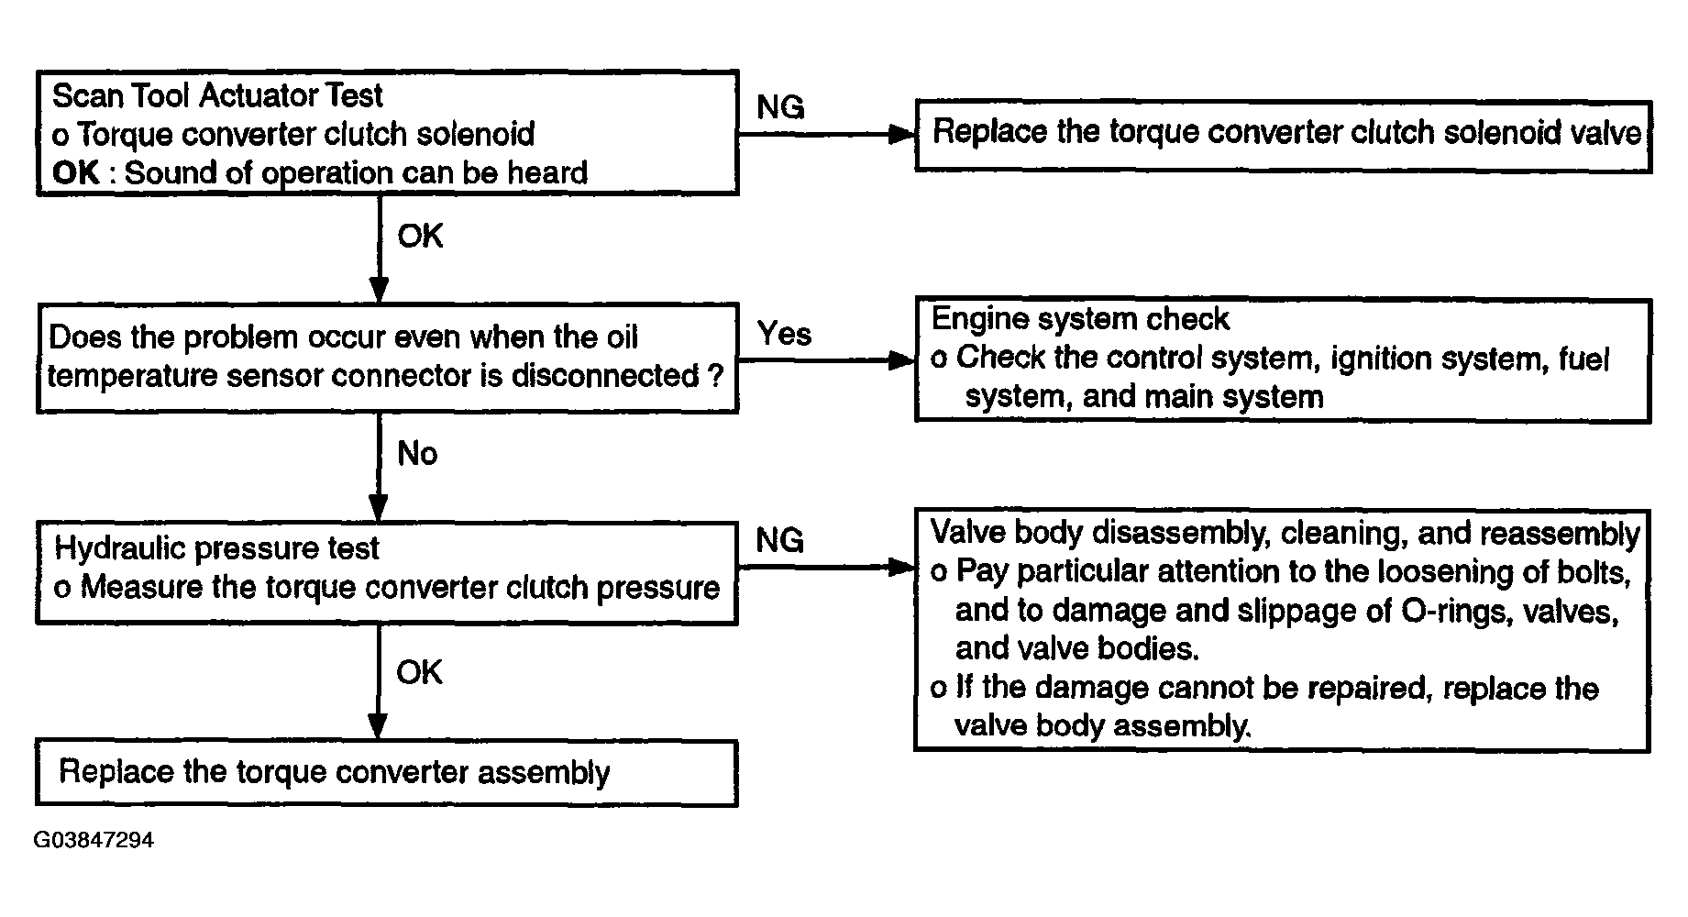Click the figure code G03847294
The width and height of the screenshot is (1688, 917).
(x=94, y=840)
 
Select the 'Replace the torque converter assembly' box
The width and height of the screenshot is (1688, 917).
(x=387, y=773)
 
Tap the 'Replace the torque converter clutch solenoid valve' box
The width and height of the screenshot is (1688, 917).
(x=1284, y=136)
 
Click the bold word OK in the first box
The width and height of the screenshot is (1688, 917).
(x=75, y=172)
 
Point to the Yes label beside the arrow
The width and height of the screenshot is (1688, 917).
(x=784, y=334)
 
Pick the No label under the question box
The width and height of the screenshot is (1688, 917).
(x=417, y=453)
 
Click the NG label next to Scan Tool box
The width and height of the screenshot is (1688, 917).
(x=780, y=107)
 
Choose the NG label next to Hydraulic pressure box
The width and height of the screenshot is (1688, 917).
(x=779, y=540)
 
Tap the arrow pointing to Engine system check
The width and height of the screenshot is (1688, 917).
(x=827, y=360)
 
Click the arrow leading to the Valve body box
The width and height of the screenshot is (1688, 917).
(x=827, y=568)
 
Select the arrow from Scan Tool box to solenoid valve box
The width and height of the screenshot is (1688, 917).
(x=827, y=135)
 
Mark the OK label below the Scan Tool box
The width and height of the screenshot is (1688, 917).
(x=420, y=236)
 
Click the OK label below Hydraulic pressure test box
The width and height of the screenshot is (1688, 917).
(x=419, y=672)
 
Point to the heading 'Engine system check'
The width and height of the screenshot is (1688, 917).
(x=1080, y=319)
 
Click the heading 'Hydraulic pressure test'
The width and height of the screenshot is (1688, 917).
(x=216, y=548)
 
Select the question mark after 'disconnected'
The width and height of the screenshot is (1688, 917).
(x=717, y=375)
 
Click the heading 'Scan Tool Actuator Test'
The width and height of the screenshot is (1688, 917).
(x=218, y=95)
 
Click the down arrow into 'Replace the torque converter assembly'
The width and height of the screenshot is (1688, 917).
(x=378, y=682)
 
